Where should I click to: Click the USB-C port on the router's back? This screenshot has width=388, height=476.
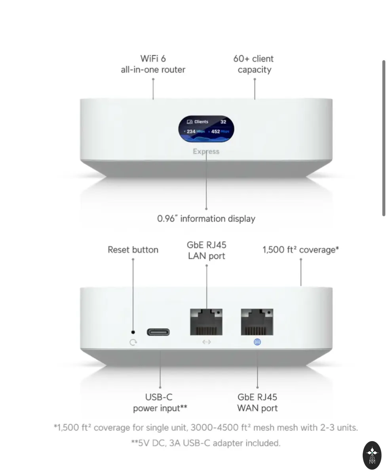pos(158,332)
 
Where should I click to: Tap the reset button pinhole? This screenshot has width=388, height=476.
pos(133,332)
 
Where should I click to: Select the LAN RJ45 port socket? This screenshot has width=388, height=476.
pos(206,322)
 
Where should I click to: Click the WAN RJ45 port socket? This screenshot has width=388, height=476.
pos(257,322)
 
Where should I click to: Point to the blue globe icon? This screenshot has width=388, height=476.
pos(257,342)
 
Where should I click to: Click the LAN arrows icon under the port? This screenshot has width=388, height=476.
pos(206,342)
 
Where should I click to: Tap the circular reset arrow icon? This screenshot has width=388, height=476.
pos(133,342)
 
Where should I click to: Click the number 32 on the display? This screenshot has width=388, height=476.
pos(223,122)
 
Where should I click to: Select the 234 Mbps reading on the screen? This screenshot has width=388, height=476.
pos(194,131)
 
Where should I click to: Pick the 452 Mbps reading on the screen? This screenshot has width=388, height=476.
pos(219,131)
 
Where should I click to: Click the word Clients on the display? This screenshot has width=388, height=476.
pos(201,122)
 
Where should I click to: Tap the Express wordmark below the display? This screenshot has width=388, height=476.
pos(206,152)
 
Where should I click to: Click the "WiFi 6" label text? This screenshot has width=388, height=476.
pos(153,59)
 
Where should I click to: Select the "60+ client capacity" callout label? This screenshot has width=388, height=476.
pos(253,64)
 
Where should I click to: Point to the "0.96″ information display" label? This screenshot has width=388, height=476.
pos(206,219)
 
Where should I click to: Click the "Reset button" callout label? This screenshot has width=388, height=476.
pos(133,250)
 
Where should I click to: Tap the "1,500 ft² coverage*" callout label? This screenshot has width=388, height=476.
pos(301,250)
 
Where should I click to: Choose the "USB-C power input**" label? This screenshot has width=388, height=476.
pos(160,403)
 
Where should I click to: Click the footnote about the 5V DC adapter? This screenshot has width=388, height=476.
pos(206,443)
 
